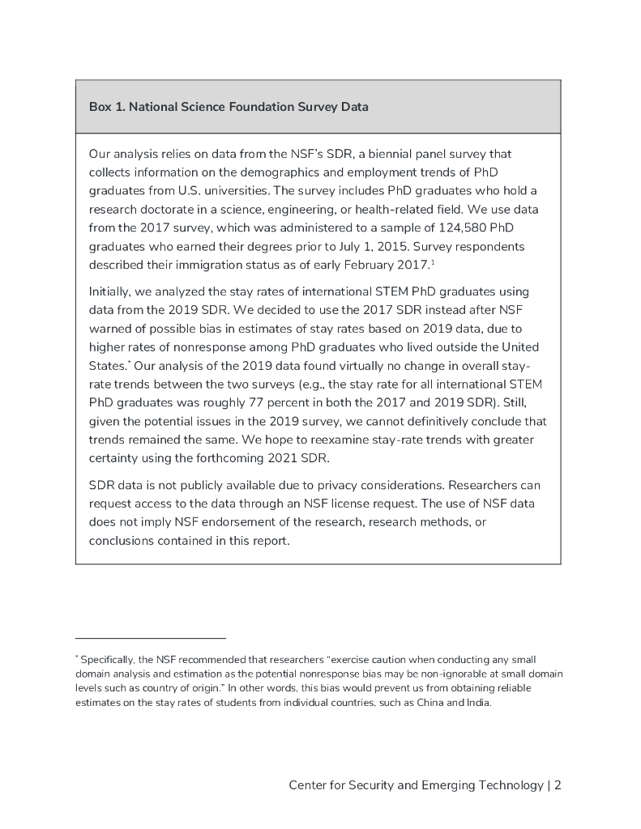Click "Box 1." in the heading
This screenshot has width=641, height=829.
click(x=106, y=107)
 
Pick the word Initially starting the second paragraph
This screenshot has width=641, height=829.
click(x=110, y=291)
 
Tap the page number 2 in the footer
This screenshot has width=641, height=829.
click(x=558, y=785)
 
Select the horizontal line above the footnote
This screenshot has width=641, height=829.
click(x=151, y=638)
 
